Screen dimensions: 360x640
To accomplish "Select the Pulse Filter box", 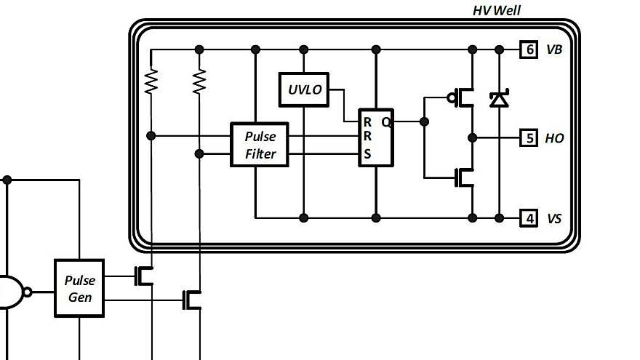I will (260, 145).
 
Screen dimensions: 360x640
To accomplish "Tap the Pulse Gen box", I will (79, 288).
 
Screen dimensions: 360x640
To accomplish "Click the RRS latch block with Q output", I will (375, 137).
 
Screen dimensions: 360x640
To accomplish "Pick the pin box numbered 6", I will (529, 49).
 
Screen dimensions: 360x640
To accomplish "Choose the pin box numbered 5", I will (529, 137).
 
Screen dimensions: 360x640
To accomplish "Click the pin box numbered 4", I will (529, 217).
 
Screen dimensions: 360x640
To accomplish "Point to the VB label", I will (554, 49).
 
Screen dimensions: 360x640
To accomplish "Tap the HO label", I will (554, 137).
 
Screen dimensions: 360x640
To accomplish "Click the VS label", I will (554, 217).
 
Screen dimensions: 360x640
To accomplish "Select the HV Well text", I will (497, 10).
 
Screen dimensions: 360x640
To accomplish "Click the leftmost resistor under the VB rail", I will (151, 81).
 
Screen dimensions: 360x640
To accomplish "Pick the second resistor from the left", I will (199, 81).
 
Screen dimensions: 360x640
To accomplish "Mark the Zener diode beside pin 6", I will (499, 99).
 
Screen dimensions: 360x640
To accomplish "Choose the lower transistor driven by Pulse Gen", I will (193, 299).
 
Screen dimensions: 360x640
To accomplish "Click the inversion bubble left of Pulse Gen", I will (28, 292).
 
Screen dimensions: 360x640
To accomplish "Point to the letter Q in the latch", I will (386, 122).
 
